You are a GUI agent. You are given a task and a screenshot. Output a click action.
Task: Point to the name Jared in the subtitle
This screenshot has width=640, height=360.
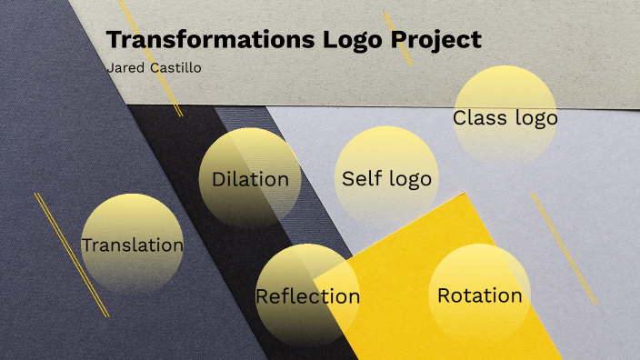tap(124, 67)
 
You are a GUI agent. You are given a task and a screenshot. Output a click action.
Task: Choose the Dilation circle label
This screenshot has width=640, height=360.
tap(250, 179)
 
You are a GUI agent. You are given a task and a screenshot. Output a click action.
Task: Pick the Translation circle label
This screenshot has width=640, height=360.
tap(132, 245)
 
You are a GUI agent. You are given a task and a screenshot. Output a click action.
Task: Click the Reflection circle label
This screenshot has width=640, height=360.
tap(307, 296)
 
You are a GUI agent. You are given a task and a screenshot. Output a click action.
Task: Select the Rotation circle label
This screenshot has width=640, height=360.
tap(480, 295)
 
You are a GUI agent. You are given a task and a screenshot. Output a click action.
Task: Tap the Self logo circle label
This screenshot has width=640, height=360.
tap(386, 178)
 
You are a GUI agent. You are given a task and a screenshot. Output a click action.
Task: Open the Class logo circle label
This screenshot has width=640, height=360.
tap(505, 118)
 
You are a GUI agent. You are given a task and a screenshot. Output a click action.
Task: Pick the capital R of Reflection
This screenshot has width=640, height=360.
tap(263, 296)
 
